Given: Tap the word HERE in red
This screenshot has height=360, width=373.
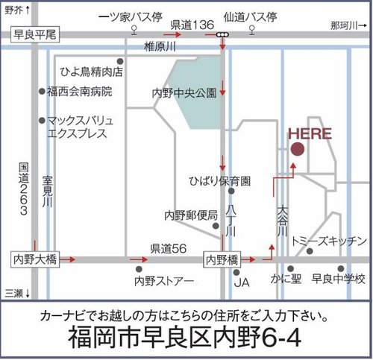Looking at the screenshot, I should click(310, 134).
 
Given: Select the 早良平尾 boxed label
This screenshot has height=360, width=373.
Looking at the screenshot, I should click(35, 34).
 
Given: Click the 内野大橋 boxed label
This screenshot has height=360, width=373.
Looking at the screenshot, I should click(35, 259).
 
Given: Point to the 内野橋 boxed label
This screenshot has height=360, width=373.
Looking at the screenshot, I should click(222, 259).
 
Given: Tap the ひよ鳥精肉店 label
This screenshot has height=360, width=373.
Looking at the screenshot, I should click(91, 72).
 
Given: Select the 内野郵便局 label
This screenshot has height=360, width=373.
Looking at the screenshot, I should click(191, 215).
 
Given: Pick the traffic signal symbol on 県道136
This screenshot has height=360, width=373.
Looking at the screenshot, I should click(222, 34).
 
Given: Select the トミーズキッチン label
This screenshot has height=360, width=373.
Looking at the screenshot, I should click(329, 241).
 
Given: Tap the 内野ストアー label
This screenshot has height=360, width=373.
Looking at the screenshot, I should click(164, 281).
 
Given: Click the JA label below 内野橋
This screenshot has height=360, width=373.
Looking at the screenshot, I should click(240, 282).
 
